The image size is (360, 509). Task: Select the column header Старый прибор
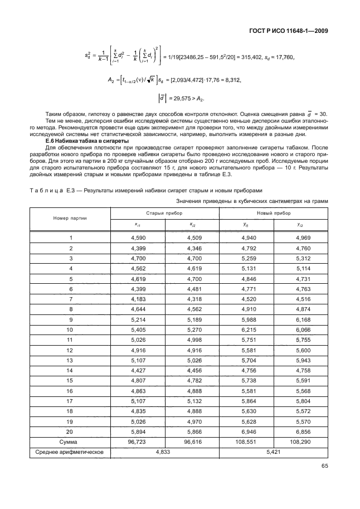coord(164,213)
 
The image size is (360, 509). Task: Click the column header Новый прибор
coord(273,213)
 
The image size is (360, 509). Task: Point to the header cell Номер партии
coord(70,218)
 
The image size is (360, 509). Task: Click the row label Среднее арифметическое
coord(70,452)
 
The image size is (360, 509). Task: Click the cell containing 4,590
coord(137,237)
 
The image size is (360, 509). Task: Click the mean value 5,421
coord(273,452)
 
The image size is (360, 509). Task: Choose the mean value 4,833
coord(164,452)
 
